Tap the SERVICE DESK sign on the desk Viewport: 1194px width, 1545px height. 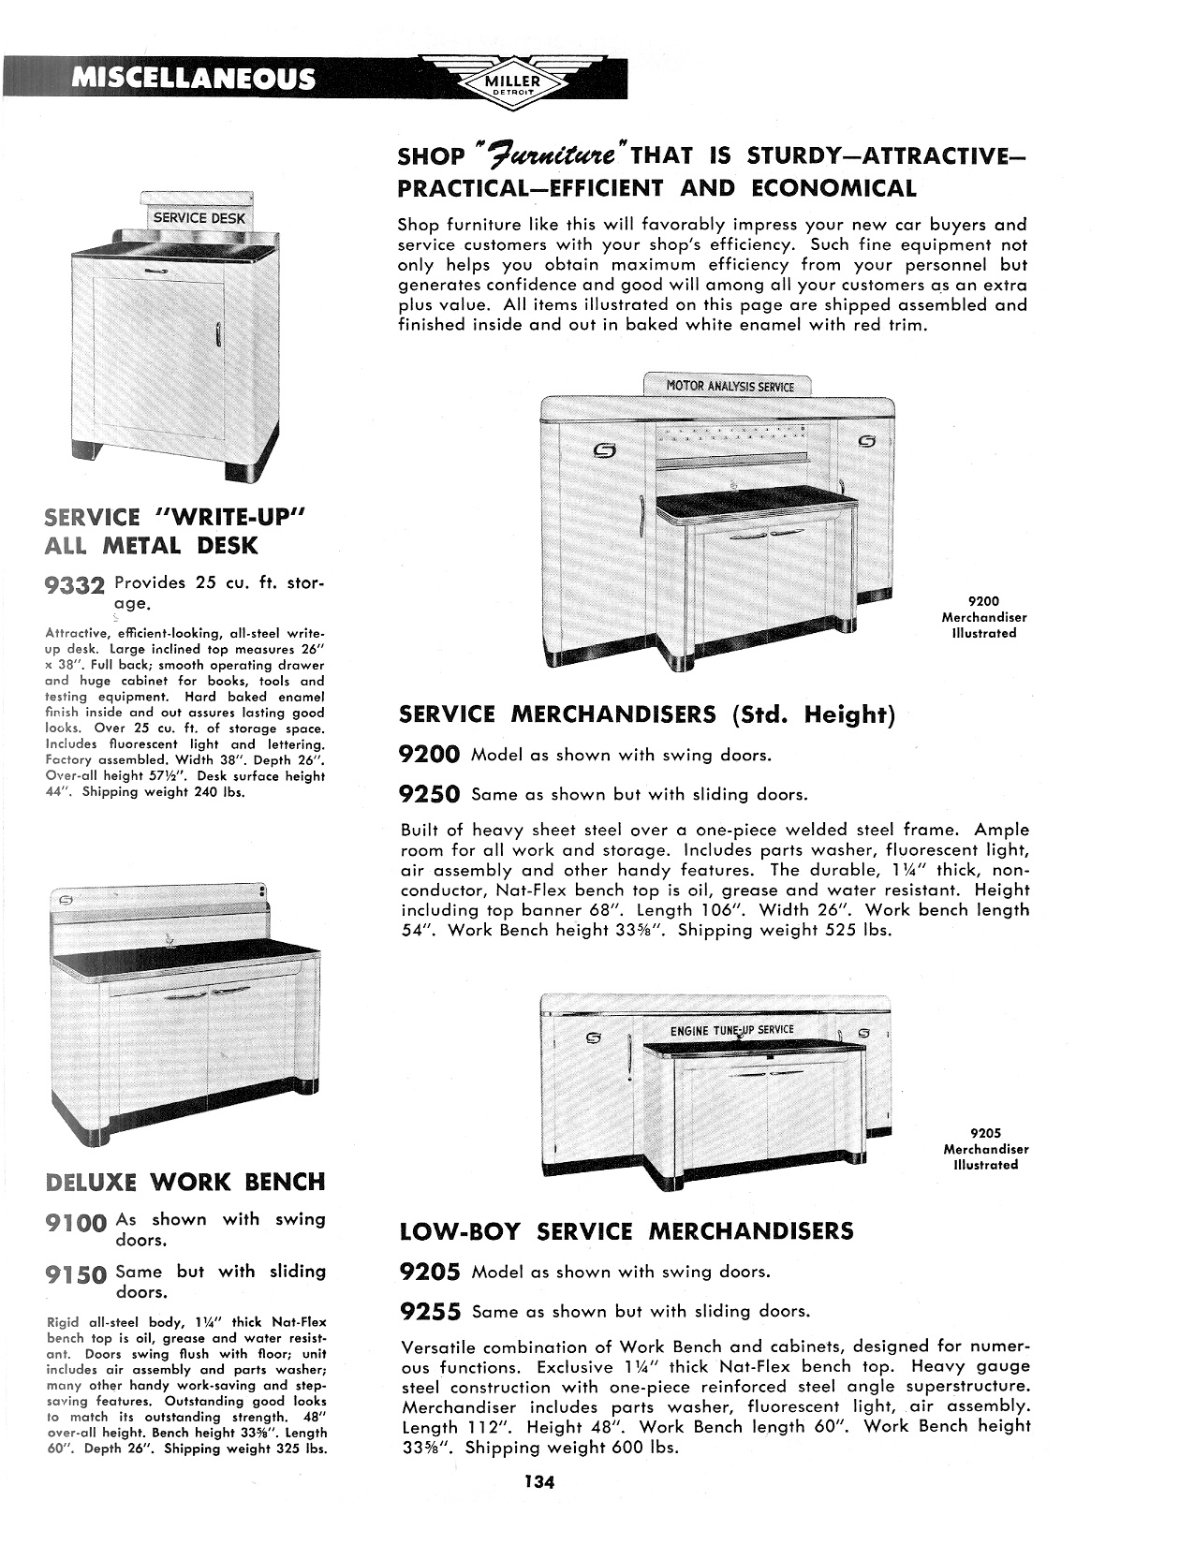[199, 218]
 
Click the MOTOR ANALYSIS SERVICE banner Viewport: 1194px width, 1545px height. [730, 386]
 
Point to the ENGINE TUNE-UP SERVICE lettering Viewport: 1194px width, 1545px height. [731, 1030]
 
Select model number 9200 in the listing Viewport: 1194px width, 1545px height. [430, 756]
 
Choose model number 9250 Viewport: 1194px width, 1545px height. [430, 795]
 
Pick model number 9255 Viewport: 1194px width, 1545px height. [430, 1312]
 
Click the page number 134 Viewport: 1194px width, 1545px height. [540, 1482]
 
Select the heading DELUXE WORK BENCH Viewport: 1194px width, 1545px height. [185, 1182]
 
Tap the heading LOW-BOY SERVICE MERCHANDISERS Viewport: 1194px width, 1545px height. [626, 1231]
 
